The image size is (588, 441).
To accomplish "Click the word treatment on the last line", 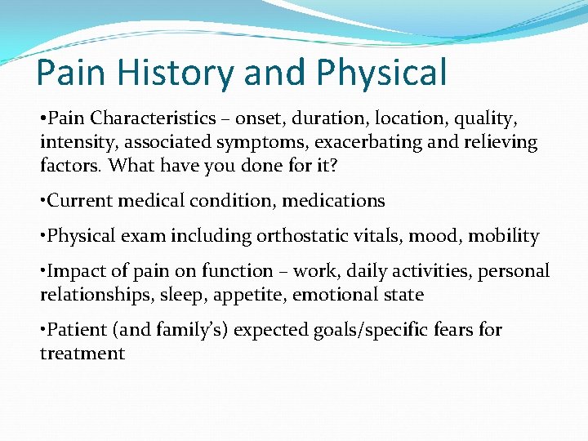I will pyautogui.click(x=82, y=354).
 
